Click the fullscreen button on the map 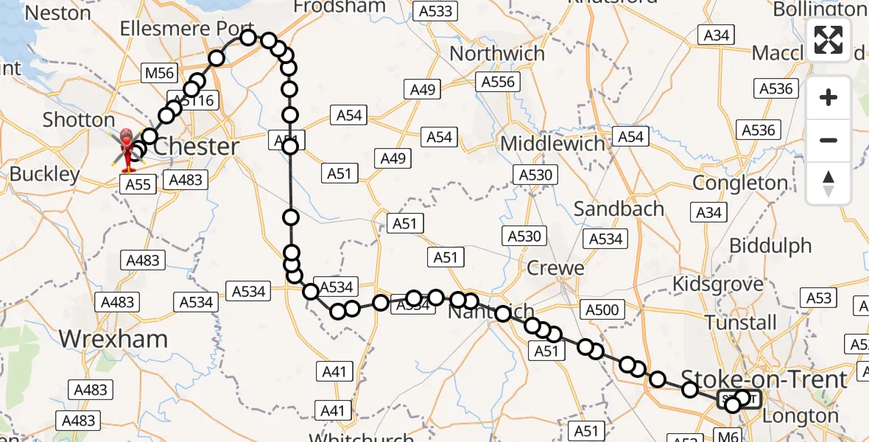(x=828, y=40)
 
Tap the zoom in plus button (x=828, y=97)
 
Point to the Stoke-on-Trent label (x=765, y=379)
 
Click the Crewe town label (x=555, y=268)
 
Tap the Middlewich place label (x=552, y=143)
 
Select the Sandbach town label (x=619, y=209)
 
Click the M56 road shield (x=159, y=72)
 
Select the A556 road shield (x=497, y=82)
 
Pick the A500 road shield (x=600, y=310)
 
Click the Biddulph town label (x=770, y=245)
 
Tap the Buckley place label (x=44, y=175)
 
